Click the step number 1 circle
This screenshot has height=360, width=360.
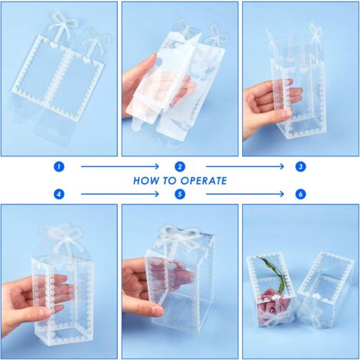point(59,166)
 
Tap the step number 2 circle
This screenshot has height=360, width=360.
point(180,166)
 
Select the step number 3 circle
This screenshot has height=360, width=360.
point(301,166)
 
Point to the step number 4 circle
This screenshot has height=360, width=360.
point(59,195)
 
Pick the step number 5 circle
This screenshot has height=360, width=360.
point(180,195)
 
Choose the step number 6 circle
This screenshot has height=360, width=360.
point(301,195)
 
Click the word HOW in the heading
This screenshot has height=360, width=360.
point(146,181)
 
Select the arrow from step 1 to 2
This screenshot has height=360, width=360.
point(119,166)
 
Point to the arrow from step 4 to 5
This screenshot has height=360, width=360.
point(119,195)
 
